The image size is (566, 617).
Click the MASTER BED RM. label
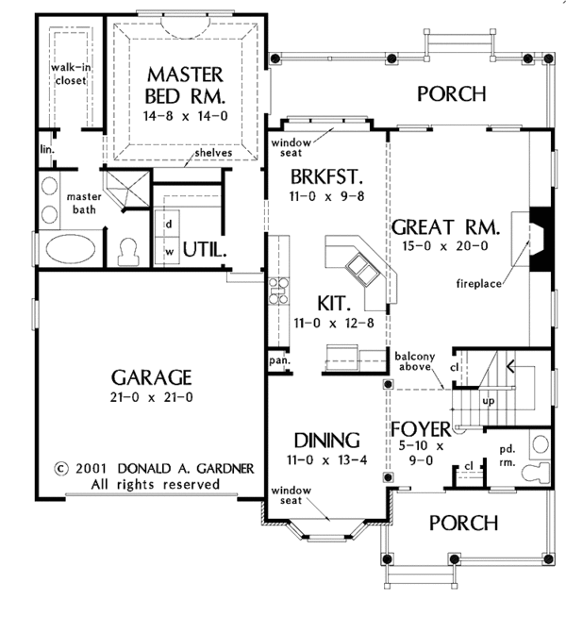tap(185, 86)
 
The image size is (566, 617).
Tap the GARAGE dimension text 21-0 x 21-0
tap(152, 397)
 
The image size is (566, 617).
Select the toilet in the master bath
tap(128, 252)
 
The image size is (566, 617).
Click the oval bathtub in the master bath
tap(71, 249)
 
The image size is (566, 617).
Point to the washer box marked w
tap(170, 251)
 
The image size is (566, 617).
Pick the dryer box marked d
tap(169, 224)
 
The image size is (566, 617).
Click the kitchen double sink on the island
tap(362, 270)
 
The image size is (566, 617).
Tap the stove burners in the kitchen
tap(278, 291)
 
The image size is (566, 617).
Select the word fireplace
tap(478, 283)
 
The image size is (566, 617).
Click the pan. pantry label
tap(279, 360)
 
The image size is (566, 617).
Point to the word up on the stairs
tap(488, 401)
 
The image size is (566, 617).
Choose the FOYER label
tap(421, 429)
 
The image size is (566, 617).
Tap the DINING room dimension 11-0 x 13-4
tap(326, 459)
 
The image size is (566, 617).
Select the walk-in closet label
tap(71, 74)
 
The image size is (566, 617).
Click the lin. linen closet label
tap(47, 149)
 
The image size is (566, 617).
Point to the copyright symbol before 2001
tap(60, 469)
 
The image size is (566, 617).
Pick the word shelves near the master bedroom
tap(213, 153)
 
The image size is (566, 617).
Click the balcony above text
tap(415, 361)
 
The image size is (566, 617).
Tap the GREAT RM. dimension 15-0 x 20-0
tap(445, 246)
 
